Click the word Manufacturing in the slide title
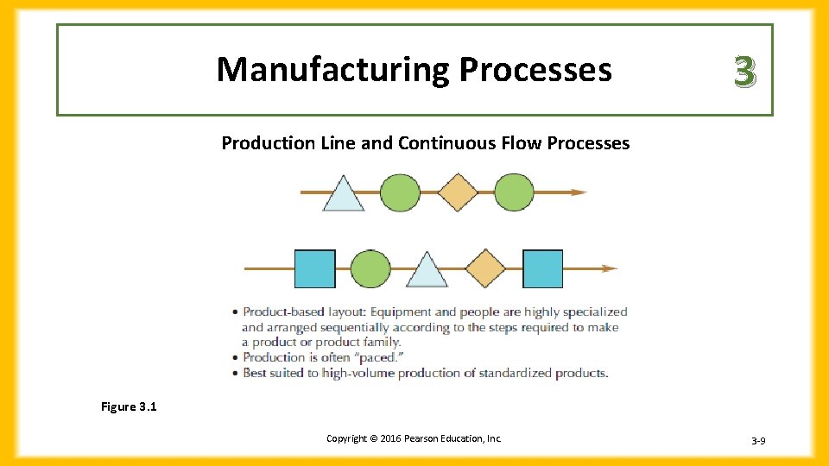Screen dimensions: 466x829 (333, 70)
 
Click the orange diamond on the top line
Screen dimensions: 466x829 (458, 192)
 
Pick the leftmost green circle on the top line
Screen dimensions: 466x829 (400, 192)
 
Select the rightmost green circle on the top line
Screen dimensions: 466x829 (514, 192)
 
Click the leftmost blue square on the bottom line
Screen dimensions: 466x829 (314, 268)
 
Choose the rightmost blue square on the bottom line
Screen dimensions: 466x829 (543, 268)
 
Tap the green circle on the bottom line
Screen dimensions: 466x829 (371, 268)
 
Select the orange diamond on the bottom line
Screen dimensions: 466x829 (485, 268)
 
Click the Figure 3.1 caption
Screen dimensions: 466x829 (129, 406)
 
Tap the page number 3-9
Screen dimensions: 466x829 (758, 441)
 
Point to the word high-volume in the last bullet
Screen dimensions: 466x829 (354, 373)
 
